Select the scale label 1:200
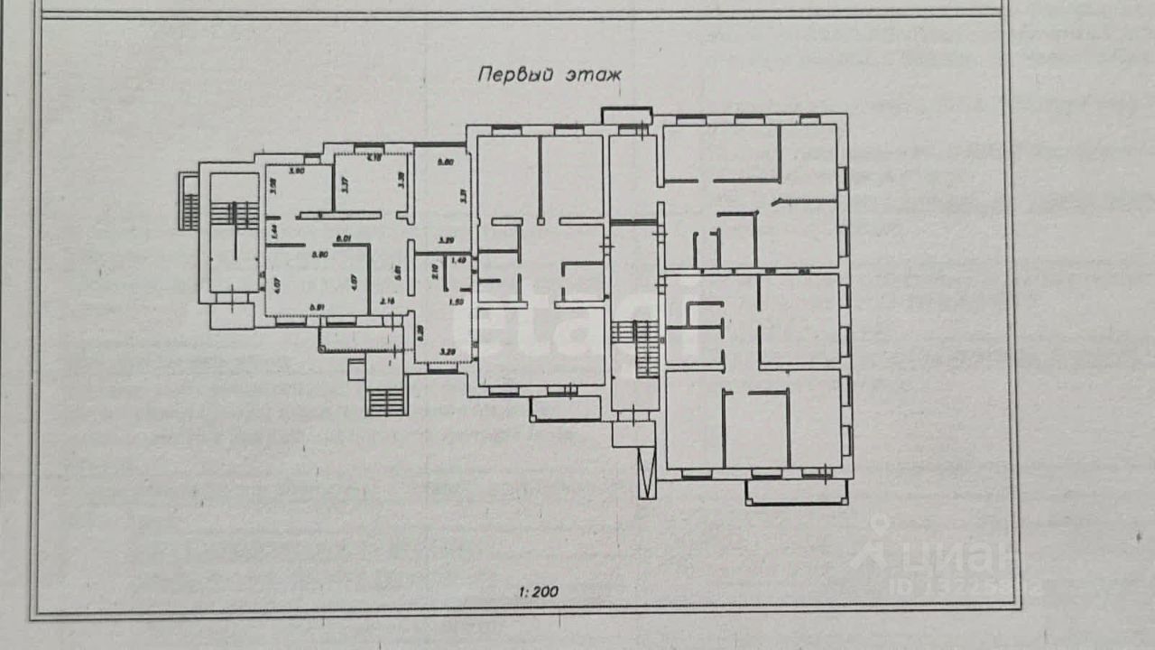click(539, 593)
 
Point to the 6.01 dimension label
click(343, 239)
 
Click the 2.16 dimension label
click(389, 302)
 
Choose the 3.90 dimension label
click(296, 171)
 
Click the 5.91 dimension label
click(316, 308)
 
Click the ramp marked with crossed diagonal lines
click(647, 473)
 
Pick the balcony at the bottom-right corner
click(797, 492)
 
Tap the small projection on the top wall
click(627, 116)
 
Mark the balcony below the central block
click(566, 408)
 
